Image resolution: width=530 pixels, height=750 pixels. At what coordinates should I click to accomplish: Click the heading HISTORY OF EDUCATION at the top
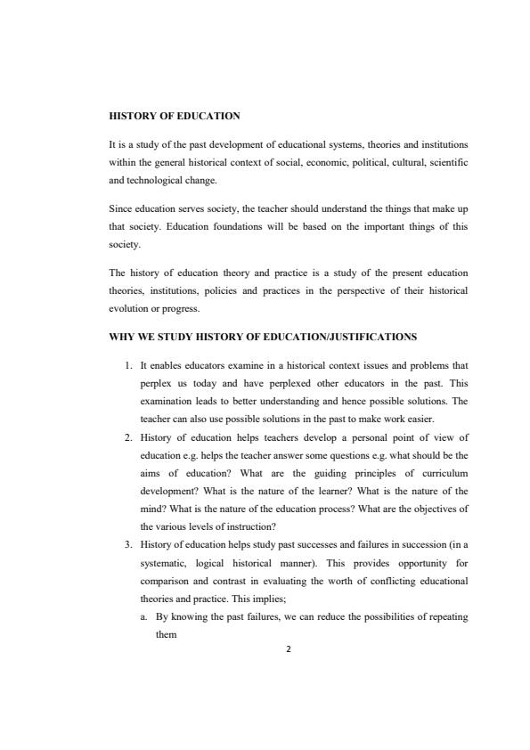pyautogui.click(x=175, y=116)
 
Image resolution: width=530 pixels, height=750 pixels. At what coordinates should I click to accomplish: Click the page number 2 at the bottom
pyautogui.click(x=288, y=648)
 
